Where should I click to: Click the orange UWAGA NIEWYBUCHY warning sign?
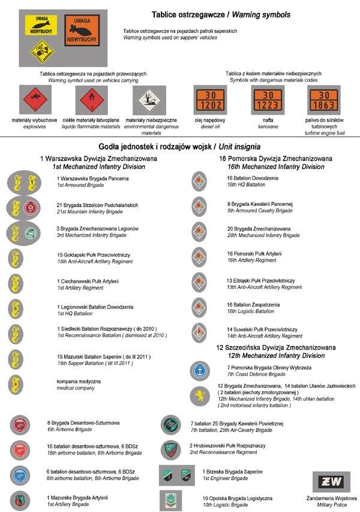83,31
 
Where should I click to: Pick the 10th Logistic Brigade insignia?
171,500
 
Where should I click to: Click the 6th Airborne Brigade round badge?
20,425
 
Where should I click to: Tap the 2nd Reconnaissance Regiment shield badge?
171,449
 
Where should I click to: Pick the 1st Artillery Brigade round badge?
20,499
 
